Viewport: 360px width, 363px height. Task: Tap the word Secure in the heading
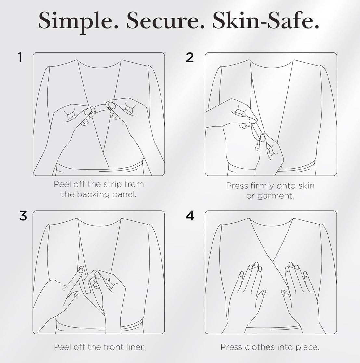point(165,20)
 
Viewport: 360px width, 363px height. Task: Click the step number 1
point(20,57)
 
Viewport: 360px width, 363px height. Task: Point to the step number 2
point(190,57)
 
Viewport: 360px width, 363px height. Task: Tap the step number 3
point(23,216)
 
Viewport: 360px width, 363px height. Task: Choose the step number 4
point(190,216)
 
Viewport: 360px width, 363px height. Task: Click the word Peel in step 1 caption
point(61,184)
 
